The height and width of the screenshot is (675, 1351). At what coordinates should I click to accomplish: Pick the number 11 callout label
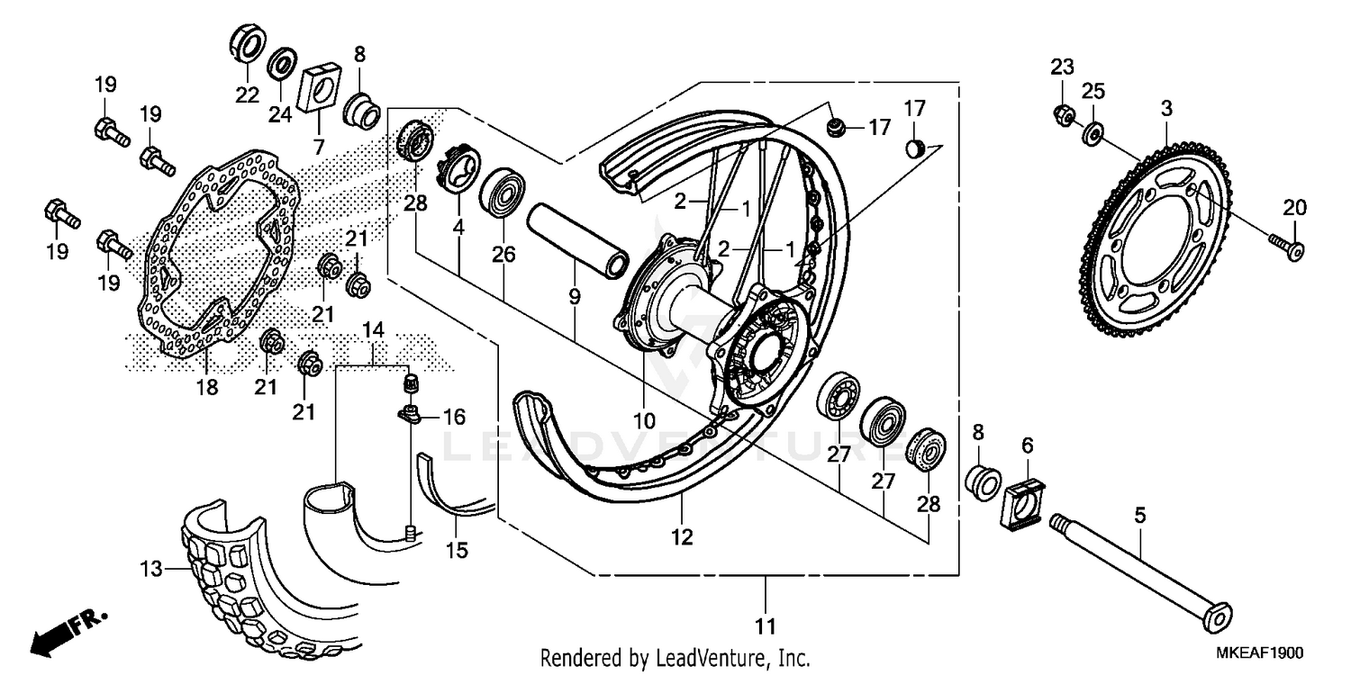(x=766, y=625)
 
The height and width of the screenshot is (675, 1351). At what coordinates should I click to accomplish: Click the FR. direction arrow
(x=68, y=631)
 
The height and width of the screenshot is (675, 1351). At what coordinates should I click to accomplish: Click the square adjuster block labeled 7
(x=318, y=87)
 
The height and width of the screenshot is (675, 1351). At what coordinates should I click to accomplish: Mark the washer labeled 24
(x=282, y=64)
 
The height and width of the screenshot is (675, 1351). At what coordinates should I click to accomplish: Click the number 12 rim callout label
(x=682, y=537)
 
